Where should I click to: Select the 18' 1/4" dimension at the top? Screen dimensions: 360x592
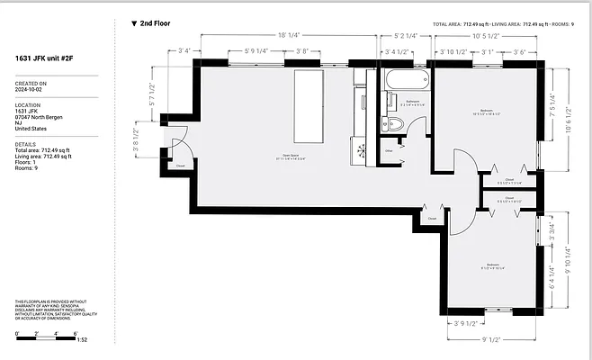click(x=288, y=35)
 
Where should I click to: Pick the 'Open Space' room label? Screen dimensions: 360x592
click(x=290, y=156)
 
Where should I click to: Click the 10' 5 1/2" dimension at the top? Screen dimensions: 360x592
click(x=485, y=35)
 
